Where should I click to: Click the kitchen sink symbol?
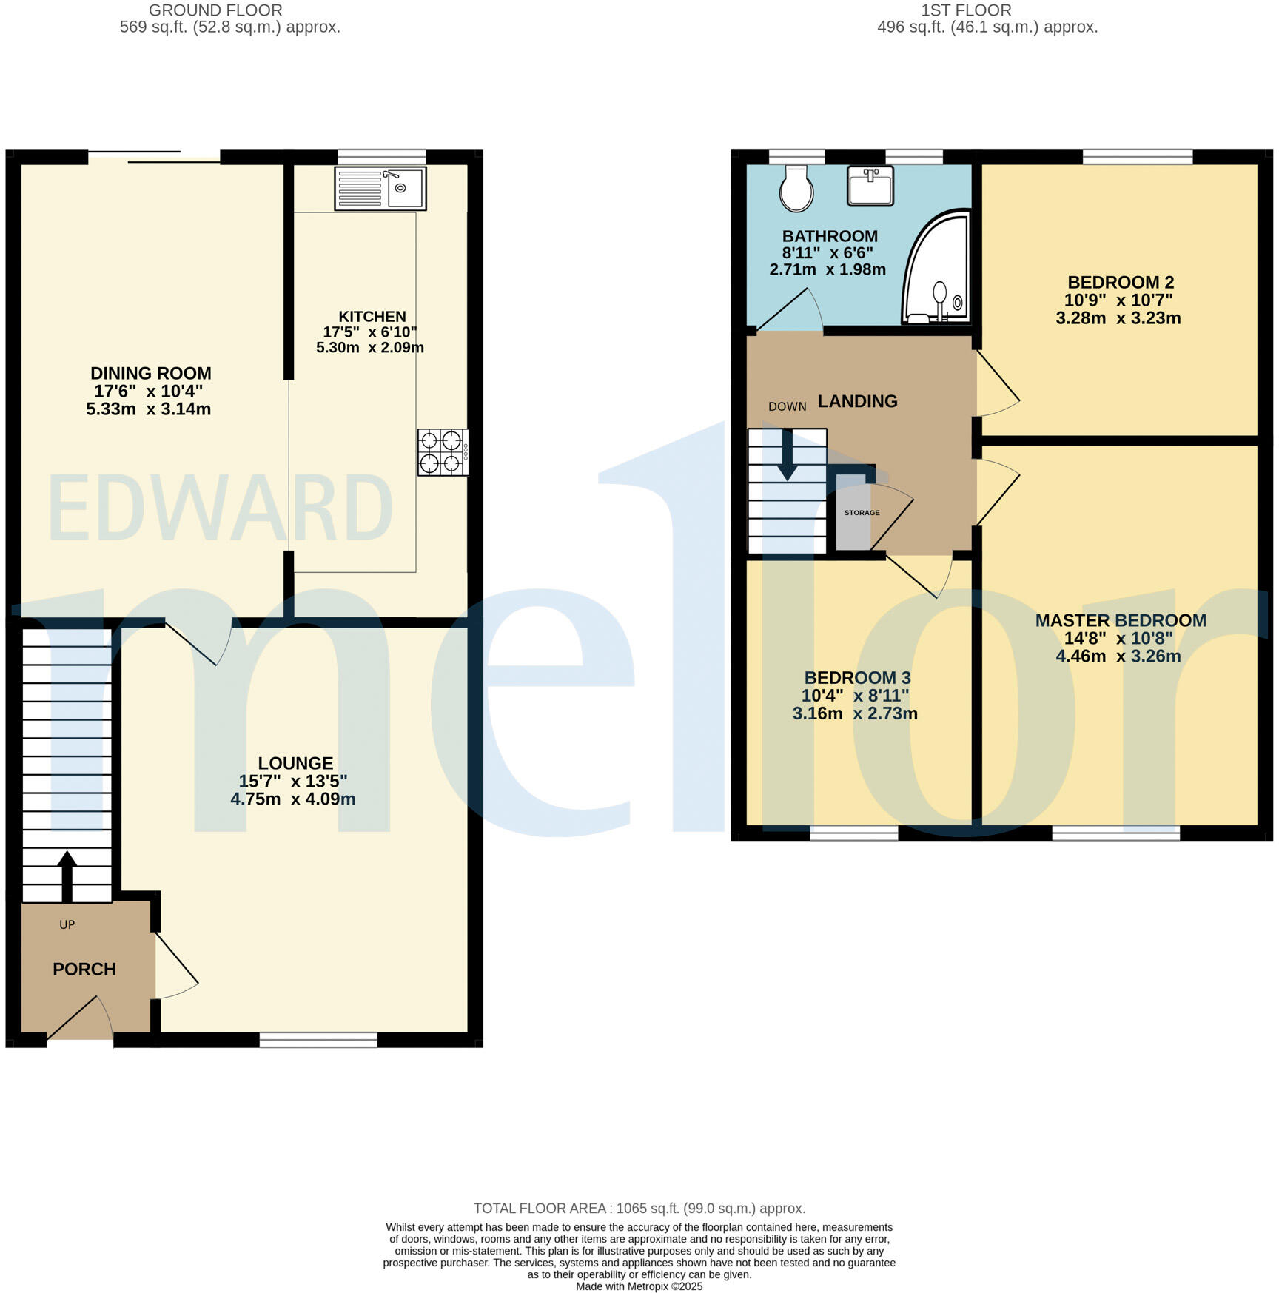pyautogui.click(x=380, y=188)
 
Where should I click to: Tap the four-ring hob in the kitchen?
pyautogui.click(x=442, y=452)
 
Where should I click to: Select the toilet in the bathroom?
pyautogui.click(x=796, y=189)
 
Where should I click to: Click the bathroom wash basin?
pyautogui.click(x=870, y=186)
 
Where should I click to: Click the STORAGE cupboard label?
pyautogui.click(x=862, y=513)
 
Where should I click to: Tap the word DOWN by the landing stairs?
pyautogui.click(x=787, y=406)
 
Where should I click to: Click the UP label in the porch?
pyautogui.click(x=67, y=924)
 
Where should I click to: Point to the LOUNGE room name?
pyautogui.click(x=295, y=763)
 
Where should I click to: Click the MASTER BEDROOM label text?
pyautogui.click(x=1120, y=620)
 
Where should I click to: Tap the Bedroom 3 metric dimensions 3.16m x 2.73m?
pyautogui.click(x=855, y=713)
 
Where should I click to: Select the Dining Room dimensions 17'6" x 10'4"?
pyautogui.click(x=148, y=391)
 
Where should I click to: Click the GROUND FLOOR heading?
pyautogui.click(x=215, y=10)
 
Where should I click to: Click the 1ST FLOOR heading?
pyautogui.click(x=966, y=10)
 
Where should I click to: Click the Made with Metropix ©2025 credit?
pyautogui.click(x=639, y=1286)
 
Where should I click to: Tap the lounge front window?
pyautogui.click(x=318, y=1040)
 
